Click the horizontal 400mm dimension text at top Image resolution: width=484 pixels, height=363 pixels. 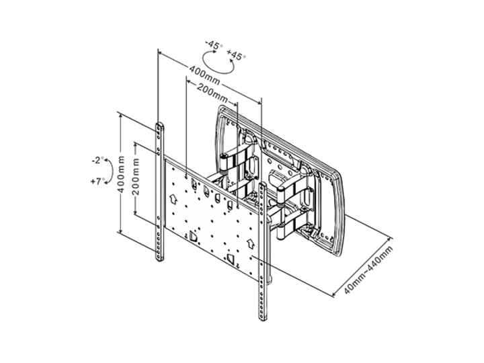204,73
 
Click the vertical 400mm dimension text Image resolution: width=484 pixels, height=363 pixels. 122,173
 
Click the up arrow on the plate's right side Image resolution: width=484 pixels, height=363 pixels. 248,239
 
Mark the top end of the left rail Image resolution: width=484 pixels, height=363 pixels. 159,125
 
